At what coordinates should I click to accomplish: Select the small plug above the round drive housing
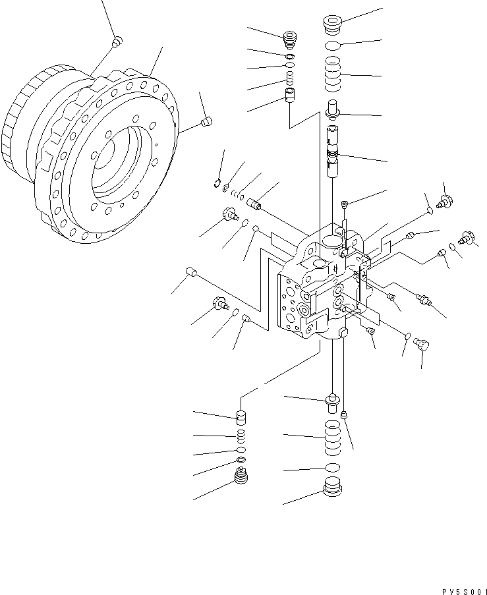click(116, 42)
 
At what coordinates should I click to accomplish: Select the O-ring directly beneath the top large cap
click(335, 46)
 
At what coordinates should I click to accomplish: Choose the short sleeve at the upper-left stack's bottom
click(289, 96)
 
